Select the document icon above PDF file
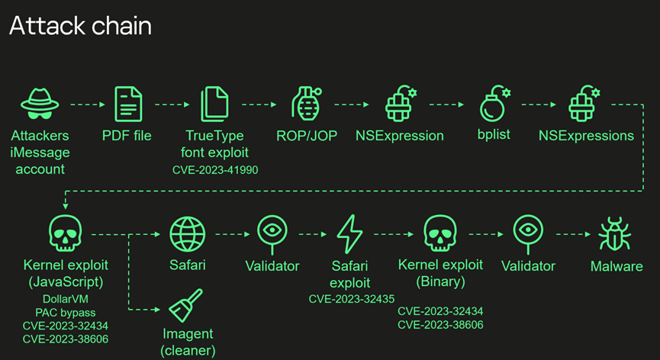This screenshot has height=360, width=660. (x=127, y=104)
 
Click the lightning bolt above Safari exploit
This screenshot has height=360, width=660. (x=349, y=233)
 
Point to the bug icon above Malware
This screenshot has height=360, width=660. (x=615, y=232)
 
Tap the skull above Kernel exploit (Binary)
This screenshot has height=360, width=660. (x=440, y=232)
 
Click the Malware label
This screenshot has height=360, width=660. (x=617, y=266)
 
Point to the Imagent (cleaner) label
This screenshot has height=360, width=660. (x=188, y=342)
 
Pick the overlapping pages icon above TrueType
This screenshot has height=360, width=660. (x=214, y=104)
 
